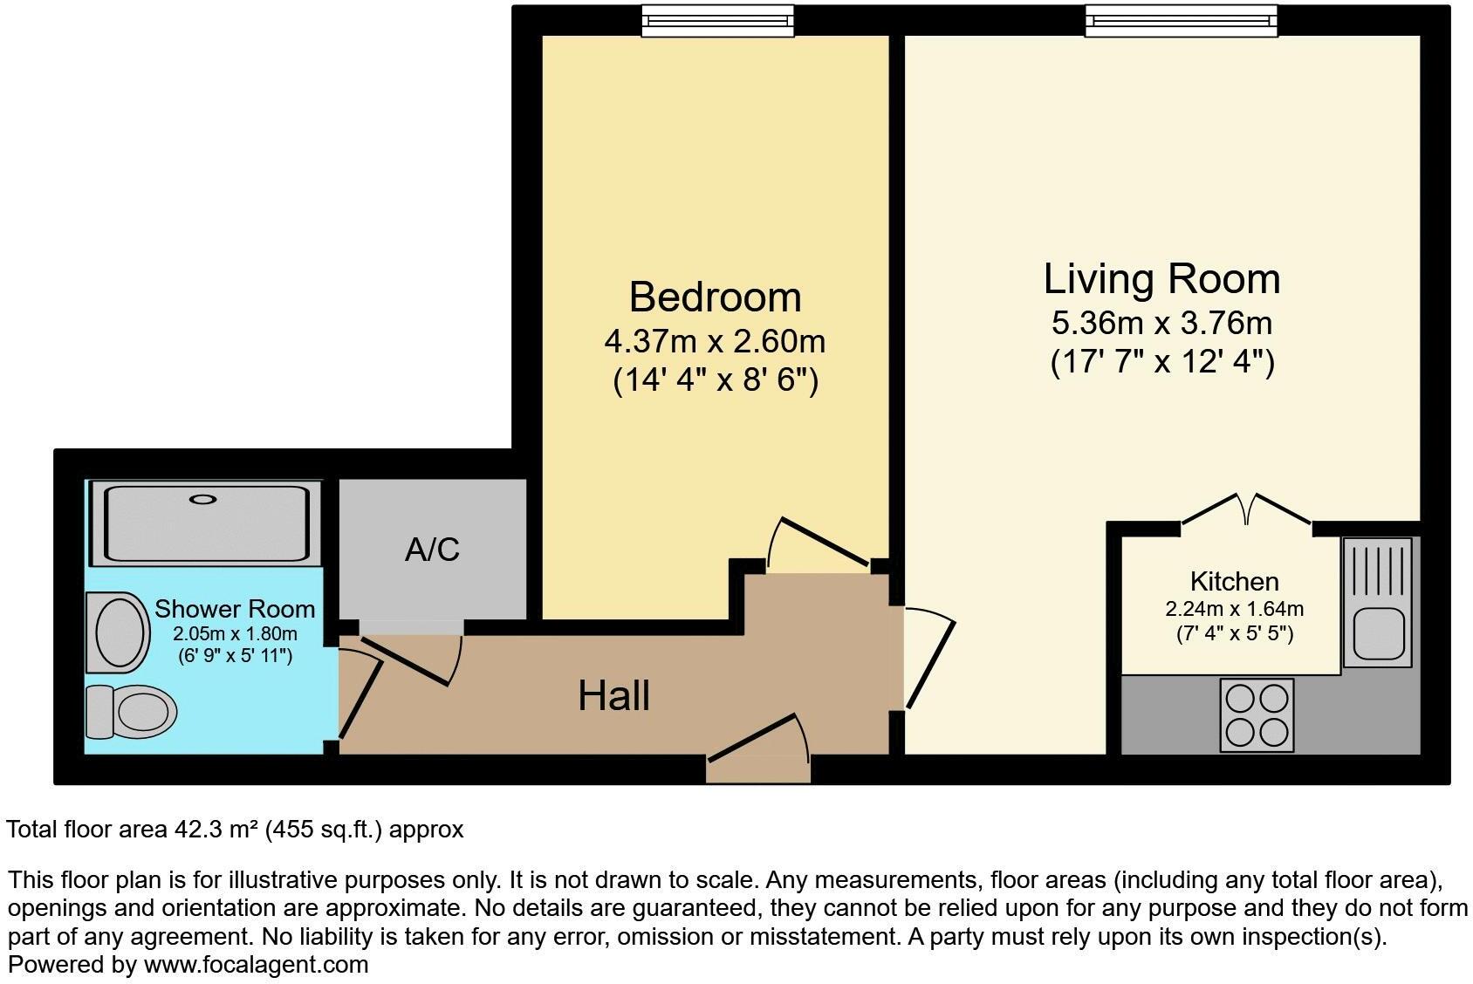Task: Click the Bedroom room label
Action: click(715, 297)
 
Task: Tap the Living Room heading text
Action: click(1161, 280)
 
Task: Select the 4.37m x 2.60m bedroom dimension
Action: click(715, 341)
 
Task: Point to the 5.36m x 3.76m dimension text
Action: click(1161, 324)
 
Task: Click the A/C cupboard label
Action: click(432, 550)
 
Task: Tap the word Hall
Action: click(613, 696)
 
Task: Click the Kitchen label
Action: click(1234, 582)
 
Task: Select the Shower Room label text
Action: click(235, 609)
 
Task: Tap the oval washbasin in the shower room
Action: click(119, 632)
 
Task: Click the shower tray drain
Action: click(203, 499)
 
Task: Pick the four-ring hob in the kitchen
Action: click(1257, 715)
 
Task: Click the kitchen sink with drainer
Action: click(1377, 602)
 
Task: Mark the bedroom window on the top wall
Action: click(717, 21)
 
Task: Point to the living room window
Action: click(1181, 21)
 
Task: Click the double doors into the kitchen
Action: click(1245, 511)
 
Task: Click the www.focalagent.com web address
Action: click(256, 965)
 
